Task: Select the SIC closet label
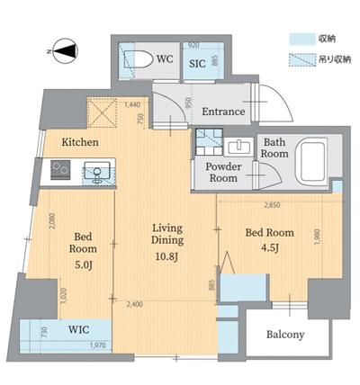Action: coord(197,64)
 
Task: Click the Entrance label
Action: coord(222,112)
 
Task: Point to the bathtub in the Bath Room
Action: coord(315,159)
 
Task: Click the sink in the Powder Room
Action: coord(238,148)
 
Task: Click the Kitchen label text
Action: coord(79,142)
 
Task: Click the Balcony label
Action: coord(285,335)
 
